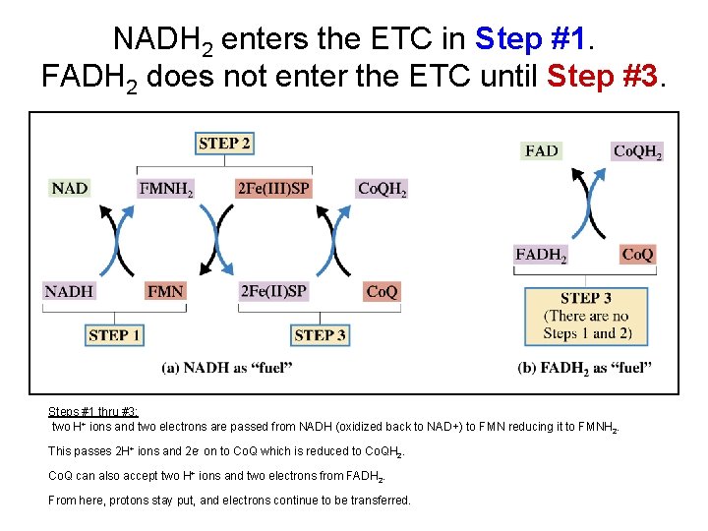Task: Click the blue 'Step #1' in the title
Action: tap(534, 38)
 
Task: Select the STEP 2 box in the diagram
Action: tap(224, 144)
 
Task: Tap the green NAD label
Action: tap(70, 188)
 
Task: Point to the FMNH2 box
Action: tap(166, 188)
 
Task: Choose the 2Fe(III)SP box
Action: tap(273, 188)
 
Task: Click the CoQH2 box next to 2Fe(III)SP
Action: tap(382, 188)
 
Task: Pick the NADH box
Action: tap(69, 291)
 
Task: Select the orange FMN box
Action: tap(164, 291)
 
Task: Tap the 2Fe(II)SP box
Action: tap(273, 291)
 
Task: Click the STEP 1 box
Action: tap(114, 335)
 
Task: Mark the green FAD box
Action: tap(542, 150)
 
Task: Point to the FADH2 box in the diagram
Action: tap(541, 255)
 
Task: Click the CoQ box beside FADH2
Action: tap(637, 255)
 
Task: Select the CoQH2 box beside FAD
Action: tap(637, 150)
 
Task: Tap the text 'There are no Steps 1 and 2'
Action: tap(586, 324)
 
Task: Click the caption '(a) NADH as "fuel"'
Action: tap(227, 368)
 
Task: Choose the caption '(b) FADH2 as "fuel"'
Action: tap(584, 368)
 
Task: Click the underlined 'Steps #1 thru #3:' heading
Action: tap(94, 412)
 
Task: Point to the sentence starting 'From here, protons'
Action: tap(229, 501)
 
